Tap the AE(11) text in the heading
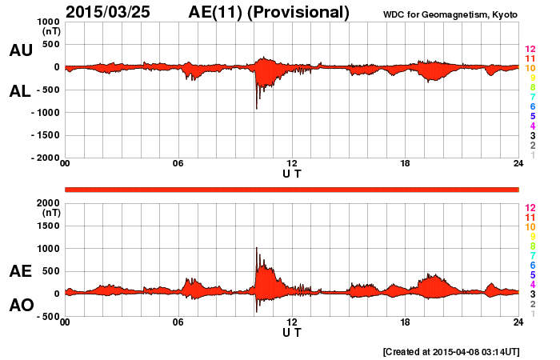218,12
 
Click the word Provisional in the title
301,12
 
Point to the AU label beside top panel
20,50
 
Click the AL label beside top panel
20,91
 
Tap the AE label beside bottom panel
20,271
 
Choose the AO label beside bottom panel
20,306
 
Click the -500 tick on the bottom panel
44,316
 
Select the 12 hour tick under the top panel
292,164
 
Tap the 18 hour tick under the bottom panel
406,322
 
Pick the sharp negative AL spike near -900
256,107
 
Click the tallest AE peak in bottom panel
256,250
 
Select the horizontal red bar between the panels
292,189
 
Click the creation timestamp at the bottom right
451,351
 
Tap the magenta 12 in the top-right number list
530,50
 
